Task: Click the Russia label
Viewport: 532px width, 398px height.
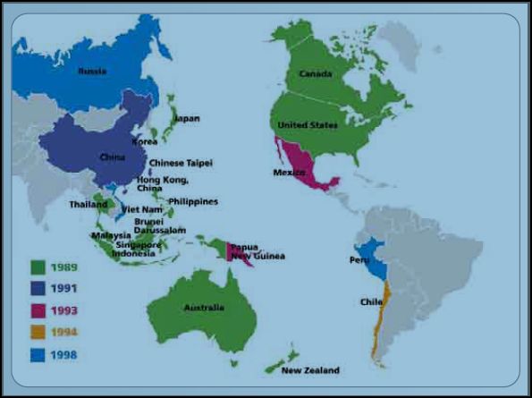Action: tap(93, 71)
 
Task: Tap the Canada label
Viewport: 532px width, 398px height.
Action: tap(316, 73)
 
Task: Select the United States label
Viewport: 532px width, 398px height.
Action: tap(308, 124)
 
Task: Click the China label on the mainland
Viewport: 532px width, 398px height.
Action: tap(112, 157)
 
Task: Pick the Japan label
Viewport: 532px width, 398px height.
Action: tap(187, 118)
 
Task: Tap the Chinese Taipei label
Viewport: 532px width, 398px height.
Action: tap(179, 163)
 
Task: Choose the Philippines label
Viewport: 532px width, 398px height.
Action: tap(193, 201)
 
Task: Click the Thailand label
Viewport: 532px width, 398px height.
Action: tap(89, 205)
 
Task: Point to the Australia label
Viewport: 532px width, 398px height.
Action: tap(204, 308)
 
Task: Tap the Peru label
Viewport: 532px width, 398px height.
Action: tap(359, 260)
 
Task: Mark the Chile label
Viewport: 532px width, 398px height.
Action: tap(371, 302)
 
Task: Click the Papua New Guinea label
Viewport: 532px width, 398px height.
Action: tap(258, 251)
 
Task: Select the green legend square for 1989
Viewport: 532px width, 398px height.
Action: tap(38, 267)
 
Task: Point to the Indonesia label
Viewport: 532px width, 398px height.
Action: tap(134, 253)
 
